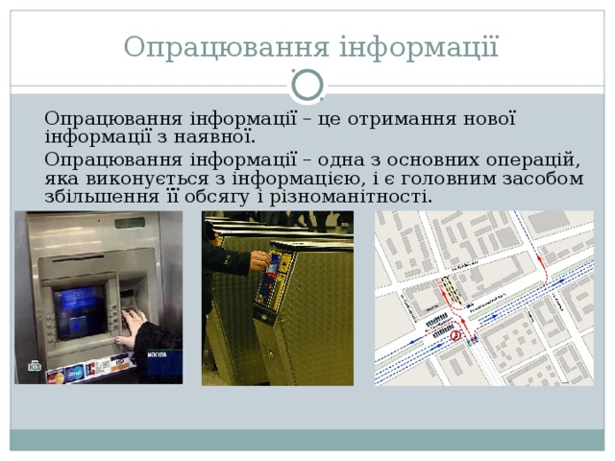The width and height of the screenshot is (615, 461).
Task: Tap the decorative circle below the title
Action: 307,85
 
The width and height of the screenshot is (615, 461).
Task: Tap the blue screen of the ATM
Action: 79,309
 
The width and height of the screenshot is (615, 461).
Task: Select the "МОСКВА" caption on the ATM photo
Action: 156,354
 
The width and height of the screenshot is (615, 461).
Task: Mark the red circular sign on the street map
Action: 456,335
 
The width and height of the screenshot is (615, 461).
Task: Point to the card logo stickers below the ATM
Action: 86,370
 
